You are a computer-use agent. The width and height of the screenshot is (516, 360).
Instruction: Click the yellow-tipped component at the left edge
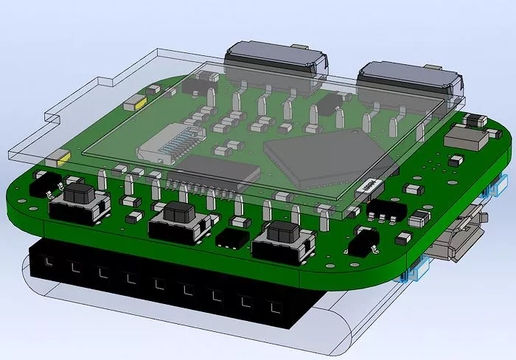[x=57, y=159]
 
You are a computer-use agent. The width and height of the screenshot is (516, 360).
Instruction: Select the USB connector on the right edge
[x=461, y=237]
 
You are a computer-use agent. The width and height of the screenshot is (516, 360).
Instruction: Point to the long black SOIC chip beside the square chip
[x=220, y=171]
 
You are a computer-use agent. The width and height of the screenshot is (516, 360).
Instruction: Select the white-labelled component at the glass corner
[x=366, y=186]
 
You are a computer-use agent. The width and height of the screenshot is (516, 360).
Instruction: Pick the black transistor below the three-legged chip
[x=364, y=238]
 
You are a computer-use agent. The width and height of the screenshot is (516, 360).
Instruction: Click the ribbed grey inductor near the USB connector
[x=418, y=218]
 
